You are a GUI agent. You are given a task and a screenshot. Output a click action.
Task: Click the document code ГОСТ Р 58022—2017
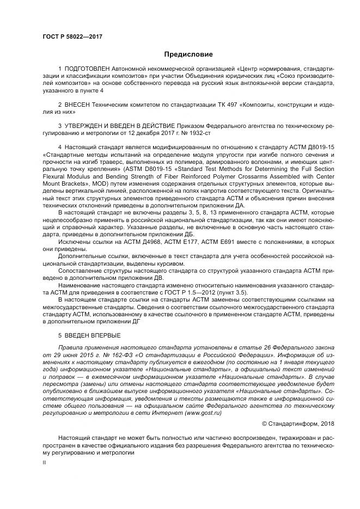pos(72,36)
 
